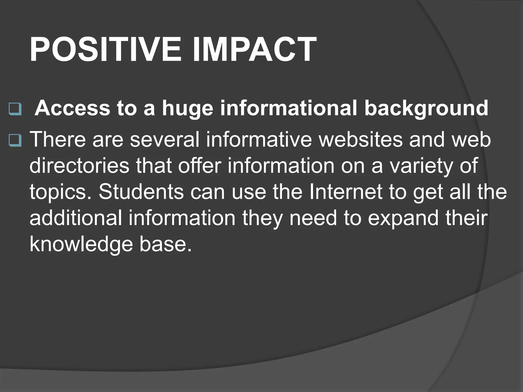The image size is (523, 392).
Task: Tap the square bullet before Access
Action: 15,109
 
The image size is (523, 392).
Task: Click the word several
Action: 165,140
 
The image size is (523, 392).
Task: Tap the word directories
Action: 79,166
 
